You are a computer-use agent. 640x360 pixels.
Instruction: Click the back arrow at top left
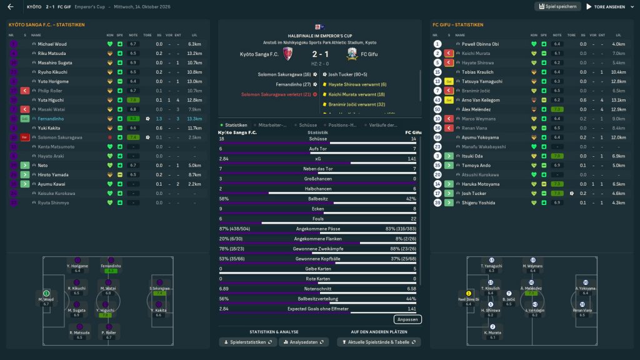(10, 7)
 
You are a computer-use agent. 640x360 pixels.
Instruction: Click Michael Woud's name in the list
(52, 44)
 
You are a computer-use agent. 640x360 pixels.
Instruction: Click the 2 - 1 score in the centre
(319, 54)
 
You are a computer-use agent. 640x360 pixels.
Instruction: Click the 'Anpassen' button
(407, 319)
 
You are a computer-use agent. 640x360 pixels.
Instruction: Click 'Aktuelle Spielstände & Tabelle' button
(379, 342)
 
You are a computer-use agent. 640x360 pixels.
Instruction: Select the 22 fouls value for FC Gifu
(413, 218)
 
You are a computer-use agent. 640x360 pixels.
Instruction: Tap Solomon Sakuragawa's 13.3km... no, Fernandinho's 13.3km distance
(194, 118)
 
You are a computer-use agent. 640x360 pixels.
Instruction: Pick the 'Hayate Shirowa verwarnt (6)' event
(357, 84)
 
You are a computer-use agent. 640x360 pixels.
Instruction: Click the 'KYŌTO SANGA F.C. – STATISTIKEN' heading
(47, 25)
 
